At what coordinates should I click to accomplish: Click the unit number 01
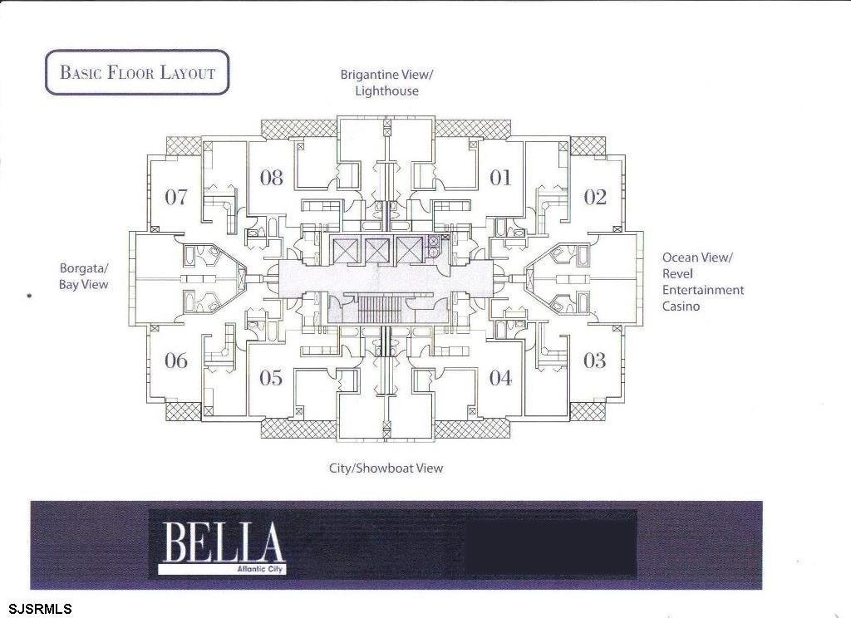pyautogui.click(x=500, y=177)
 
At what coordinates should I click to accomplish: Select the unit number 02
pyautogui.click(x=595, y=197)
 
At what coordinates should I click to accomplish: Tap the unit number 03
pyautogui.click(x=594, y=360)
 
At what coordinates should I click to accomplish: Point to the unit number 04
pyautogui.click(x=500, y=378)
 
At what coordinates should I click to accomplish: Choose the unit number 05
pyautogui.click(x=271, y=378)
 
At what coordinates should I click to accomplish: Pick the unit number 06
pyautogui.click(x=176, y=360)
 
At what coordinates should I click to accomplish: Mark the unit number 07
pyautogui.click(x=175, y=197)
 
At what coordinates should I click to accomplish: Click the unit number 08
pyautogui.click(x=271, y=177)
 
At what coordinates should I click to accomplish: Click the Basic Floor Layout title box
pyautogui.click(x=137, y=72)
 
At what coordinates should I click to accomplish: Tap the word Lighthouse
pyautogui.click(x=386, y=91)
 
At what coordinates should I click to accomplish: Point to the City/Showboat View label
pyautogui.click(x=386, y=468)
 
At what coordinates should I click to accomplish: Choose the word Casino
pyautogui.click(x=681, y=306)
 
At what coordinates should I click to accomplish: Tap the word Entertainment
pyautogui.click(x=702, y=290)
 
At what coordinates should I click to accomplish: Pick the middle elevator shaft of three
pyautogui.click(x=376, y=250)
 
